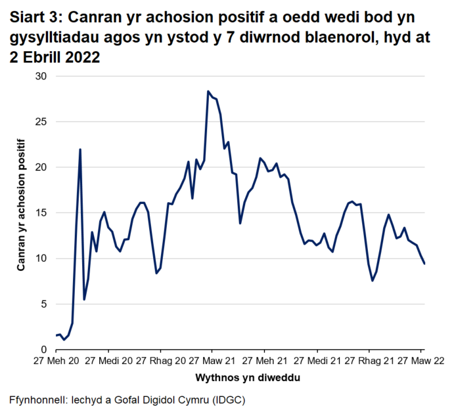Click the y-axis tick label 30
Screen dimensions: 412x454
(x=42, y=76)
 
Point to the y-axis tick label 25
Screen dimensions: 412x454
(x=42, y=122)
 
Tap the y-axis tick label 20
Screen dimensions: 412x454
(x=42, y=167)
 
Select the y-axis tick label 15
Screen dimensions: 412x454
(x=42, y=213)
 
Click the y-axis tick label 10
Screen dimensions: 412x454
(x=42, y=258)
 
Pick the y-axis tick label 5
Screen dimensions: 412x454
(x=45, y=304)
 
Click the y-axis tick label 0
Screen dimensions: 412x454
(x=45, y=350)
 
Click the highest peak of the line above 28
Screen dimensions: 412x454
(x=208, y=91)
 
